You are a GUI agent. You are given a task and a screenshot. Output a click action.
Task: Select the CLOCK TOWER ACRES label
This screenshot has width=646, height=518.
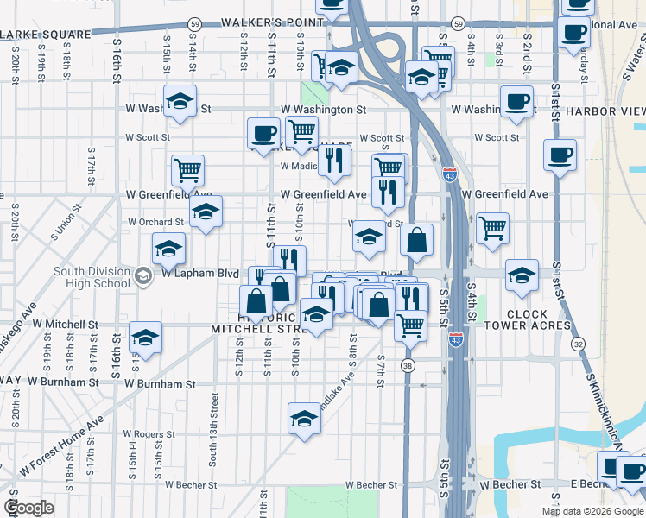pyautogui.click(x=539, y=319)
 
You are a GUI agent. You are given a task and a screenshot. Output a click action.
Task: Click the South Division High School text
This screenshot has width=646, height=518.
pyautogui.click(x=92, y=277)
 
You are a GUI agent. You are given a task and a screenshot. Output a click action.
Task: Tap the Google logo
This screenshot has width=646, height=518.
pyautogui.click(x=28, y=508)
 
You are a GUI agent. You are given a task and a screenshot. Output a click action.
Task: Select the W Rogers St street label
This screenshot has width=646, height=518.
pyautogui.click(x=149, y=434)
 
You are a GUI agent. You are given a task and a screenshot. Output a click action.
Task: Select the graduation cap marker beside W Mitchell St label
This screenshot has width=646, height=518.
pyautogui.click(x=145, y=338)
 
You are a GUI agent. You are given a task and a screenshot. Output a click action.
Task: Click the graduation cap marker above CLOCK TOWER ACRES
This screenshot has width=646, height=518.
pyautogui.click(x=522, y=275)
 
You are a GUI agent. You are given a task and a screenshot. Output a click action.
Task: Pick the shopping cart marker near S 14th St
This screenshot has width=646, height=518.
pyautogui.click(x=187, y=170)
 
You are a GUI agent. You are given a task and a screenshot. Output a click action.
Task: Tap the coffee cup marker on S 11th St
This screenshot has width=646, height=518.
pyautogui.click(x=264, y=133)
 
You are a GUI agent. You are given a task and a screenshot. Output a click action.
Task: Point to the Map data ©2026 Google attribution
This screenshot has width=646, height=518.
pyautogui.click(x=592, y=511)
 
